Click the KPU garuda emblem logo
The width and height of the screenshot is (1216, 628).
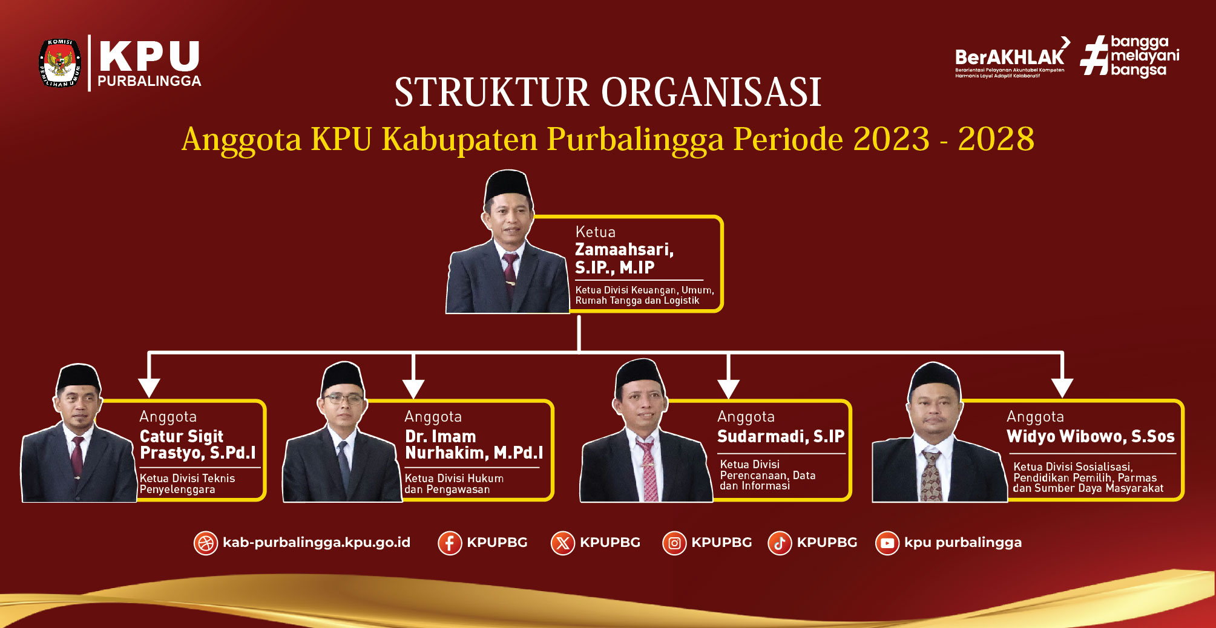tap(60, 63)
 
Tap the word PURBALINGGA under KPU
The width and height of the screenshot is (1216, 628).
tap(149, 81)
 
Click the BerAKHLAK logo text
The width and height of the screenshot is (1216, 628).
tap(1010, 57)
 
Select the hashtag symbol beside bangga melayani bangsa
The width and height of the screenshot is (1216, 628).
tap(1094, 55)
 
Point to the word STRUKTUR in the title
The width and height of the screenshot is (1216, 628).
tap(491, 93)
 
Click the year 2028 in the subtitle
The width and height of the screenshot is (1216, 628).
tap(996, 139)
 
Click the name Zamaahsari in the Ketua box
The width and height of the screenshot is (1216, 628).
tap(624, 249)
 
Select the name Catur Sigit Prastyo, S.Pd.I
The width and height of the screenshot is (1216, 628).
tap(198, 445)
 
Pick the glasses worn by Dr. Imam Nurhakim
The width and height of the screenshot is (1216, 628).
tap(343, 399)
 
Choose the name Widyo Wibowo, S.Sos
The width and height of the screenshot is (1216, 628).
tap(1090, 436)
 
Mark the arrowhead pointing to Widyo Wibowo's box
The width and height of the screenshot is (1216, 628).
tap(1062, 388)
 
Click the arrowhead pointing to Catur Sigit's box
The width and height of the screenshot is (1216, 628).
tap(149, 388)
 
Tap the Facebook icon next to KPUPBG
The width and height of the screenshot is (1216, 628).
tap(450, 543)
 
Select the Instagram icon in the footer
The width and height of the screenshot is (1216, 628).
tap(674, 543)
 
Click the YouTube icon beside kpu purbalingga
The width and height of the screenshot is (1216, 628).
tap(887, 543)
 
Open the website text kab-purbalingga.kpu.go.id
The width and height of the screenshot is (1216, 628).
tap(317, 543)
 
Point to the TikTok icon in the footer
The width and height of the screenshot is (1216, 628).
tap(780, 543)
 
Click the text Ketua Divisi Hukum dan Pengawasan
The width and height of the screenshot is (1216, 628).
tap(454, 484)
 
